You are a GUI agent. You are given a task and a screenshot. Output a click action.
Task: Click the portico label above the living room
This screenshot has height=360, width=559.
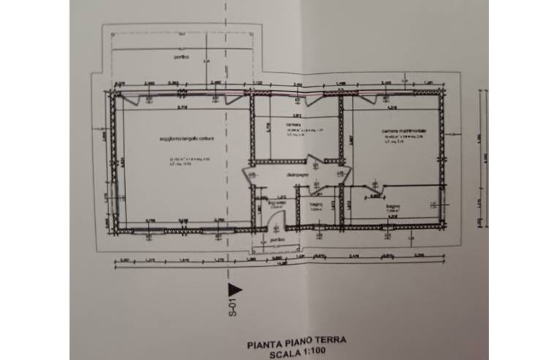pos(181,56)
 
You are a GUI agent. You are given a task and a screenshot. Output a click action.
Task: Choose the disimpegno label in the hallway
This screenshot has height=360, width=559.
pos(296,174)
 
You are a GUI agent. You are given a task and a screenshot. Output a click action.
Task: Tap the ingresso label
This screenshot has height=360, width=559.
pos(277,203)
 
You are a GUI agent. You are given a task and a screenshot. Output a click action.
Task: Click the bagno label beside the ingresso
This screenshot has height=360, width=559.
pos(316,203)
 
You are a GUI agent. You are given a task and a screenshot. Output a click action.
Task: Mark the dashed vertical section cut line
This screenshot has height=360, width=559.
pos(226,44)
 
